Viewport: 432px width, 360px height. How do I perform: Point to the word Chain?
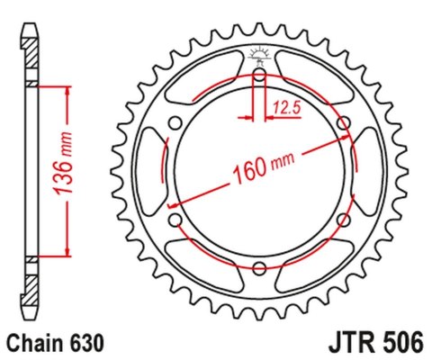click(x=35, y=344)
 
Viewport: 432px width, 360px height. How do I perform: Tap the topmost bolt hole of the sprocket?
click(x=259, y=76)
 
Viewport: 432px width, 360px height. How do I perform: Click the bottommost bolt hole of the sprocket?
click(x=259, y=267)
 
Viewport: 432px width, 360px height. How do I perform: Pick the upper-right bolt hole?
click(x=342, y=123)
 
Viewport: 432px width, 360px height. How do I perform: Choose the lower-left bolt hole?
click(x=176, y=220)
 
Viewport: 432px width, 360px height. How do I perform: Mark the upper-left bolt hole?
click(x=176, y=123)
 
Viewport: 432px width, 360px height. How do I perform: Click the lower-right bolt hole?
click(x=342, y=220)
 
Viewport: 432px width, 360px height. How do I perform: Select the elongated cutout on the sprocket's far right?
click(x=369, y=171)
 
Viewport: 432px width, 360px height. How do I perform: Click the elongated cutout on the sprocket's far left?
click(x=149, y=171)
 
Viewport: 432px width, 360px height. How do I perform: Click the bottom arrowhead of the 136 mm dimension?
click(x=66, y=252)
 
